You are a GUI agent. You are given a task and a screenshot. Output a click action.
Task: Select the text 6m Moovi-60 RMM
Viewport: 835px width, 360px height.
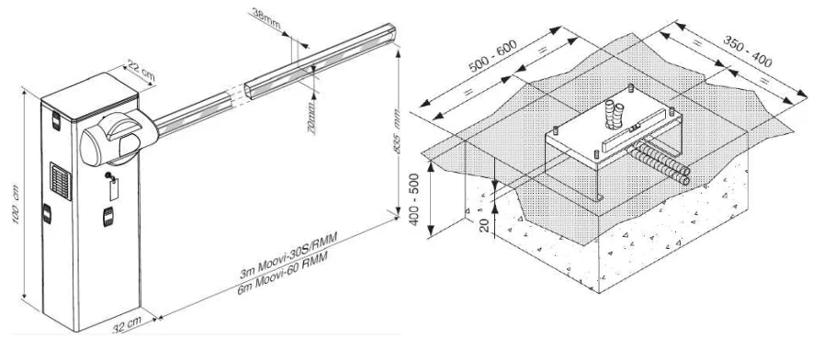click(x=291, y=286)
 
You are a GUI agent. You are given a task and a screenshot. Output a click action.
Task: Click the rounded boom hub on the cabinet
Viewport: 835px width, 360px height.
click(x=108, y=141)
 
